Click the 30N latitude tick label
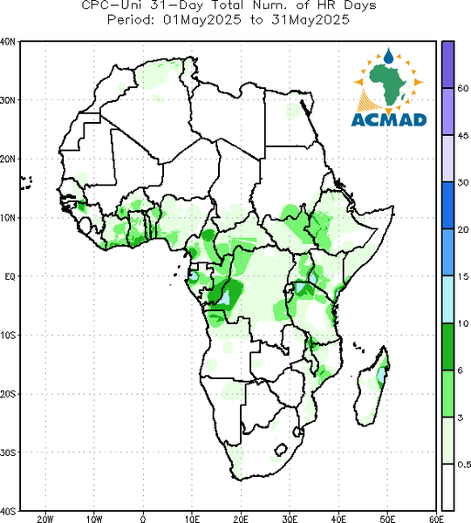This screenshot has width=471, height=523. (x=8, y=100)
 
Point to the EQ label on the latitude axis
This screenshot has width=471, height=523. (x=10, y=276)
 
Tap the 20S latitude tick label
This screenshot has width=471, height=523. (x=8, y=394)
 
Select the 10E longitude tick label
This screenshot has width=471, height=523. (x=192, y=519)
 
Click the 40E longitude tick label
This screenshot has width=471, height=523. (x=338, y=519)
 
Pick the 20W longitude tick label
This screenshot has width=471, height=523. (x=45, y=519)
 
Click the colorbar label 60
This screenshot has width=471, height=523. (x=462, y=89)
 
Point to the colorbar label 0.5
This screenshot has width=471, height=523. (x=464, y=465)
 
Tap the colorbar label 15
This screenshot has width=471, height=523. (x=462, y=276)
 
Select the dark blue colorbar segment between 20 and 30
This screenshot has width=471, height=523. (x=447, y=205)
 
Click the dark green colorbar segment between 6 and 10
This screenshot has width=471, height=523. (x=447, y=347)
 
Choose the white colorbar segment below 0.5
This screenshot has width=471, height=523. (x=447, y=487)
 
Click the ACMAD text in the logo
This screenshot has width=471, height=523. (x=389, y=120)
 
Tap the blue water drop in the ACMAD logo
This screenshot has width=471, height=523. (x=388, y=56)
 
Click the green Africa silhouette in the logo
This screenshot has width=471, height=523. (x=388, y=84)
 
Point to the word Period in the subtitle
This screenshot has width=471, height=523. (x=129, y=20)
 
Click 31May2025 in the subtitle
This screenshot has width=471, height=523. (x=311, y=20)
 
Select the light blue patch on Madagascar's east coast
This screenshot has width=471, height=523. (x=381, y=375)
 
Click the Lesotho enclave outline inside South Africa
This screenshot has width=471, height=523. (x=281, y=449)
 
